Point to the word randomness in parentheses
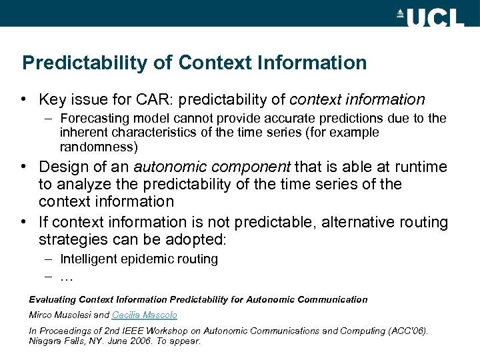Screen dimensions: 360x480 point(98,146)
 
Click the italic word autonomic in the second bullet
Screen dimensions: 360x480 point(166,167)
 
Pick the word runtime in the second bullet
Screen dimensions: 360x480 point(423,167)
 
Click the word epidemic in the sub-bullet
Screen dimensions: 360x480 point(144,259)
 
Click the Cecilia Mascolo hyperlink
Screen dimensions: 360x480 point(145,315)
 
